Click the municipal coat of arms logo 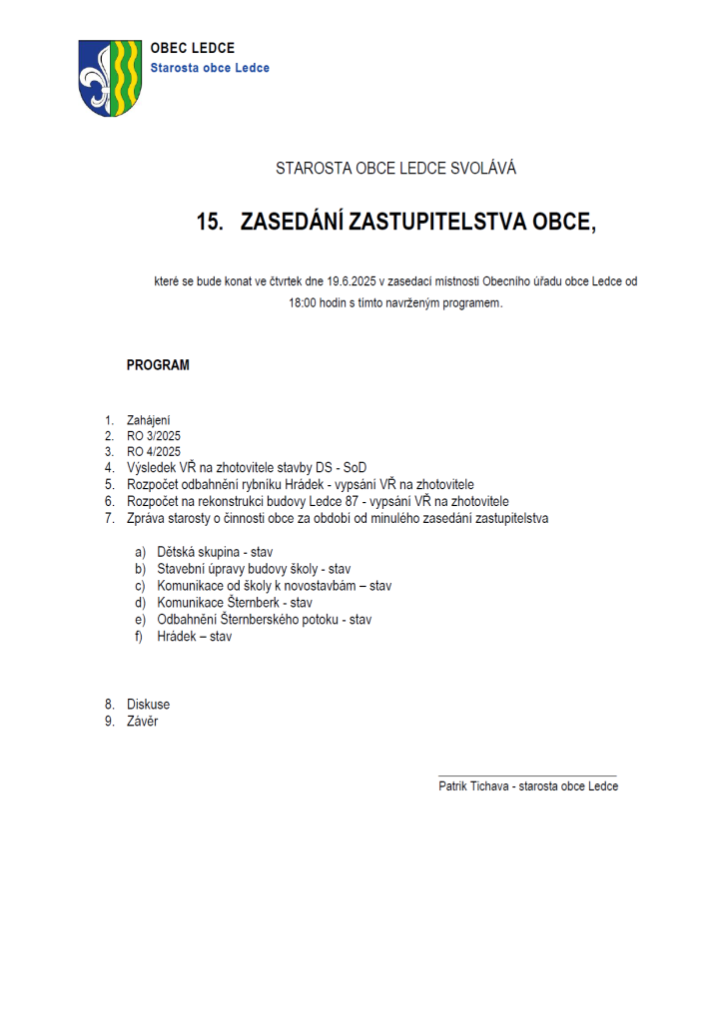pos(110,78)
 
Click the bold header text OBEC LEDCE pos(193,48)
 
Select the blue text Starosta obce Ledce pos(210,68)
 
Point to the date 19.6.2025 pos(351,282)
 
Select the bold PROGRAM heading pos(158,365)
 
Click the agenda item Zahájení pos(149,420)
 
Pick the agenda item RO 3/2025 pos(154,436)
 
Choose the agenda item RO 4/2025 pos(154,451)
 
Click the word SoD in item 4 pos(355,467)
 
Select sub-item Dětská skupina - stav pos(215,552)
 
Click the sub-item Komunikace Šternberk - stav pos(235,603)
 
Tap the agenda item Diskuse pos(148,705)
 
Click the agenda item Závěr pos(142,721)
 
